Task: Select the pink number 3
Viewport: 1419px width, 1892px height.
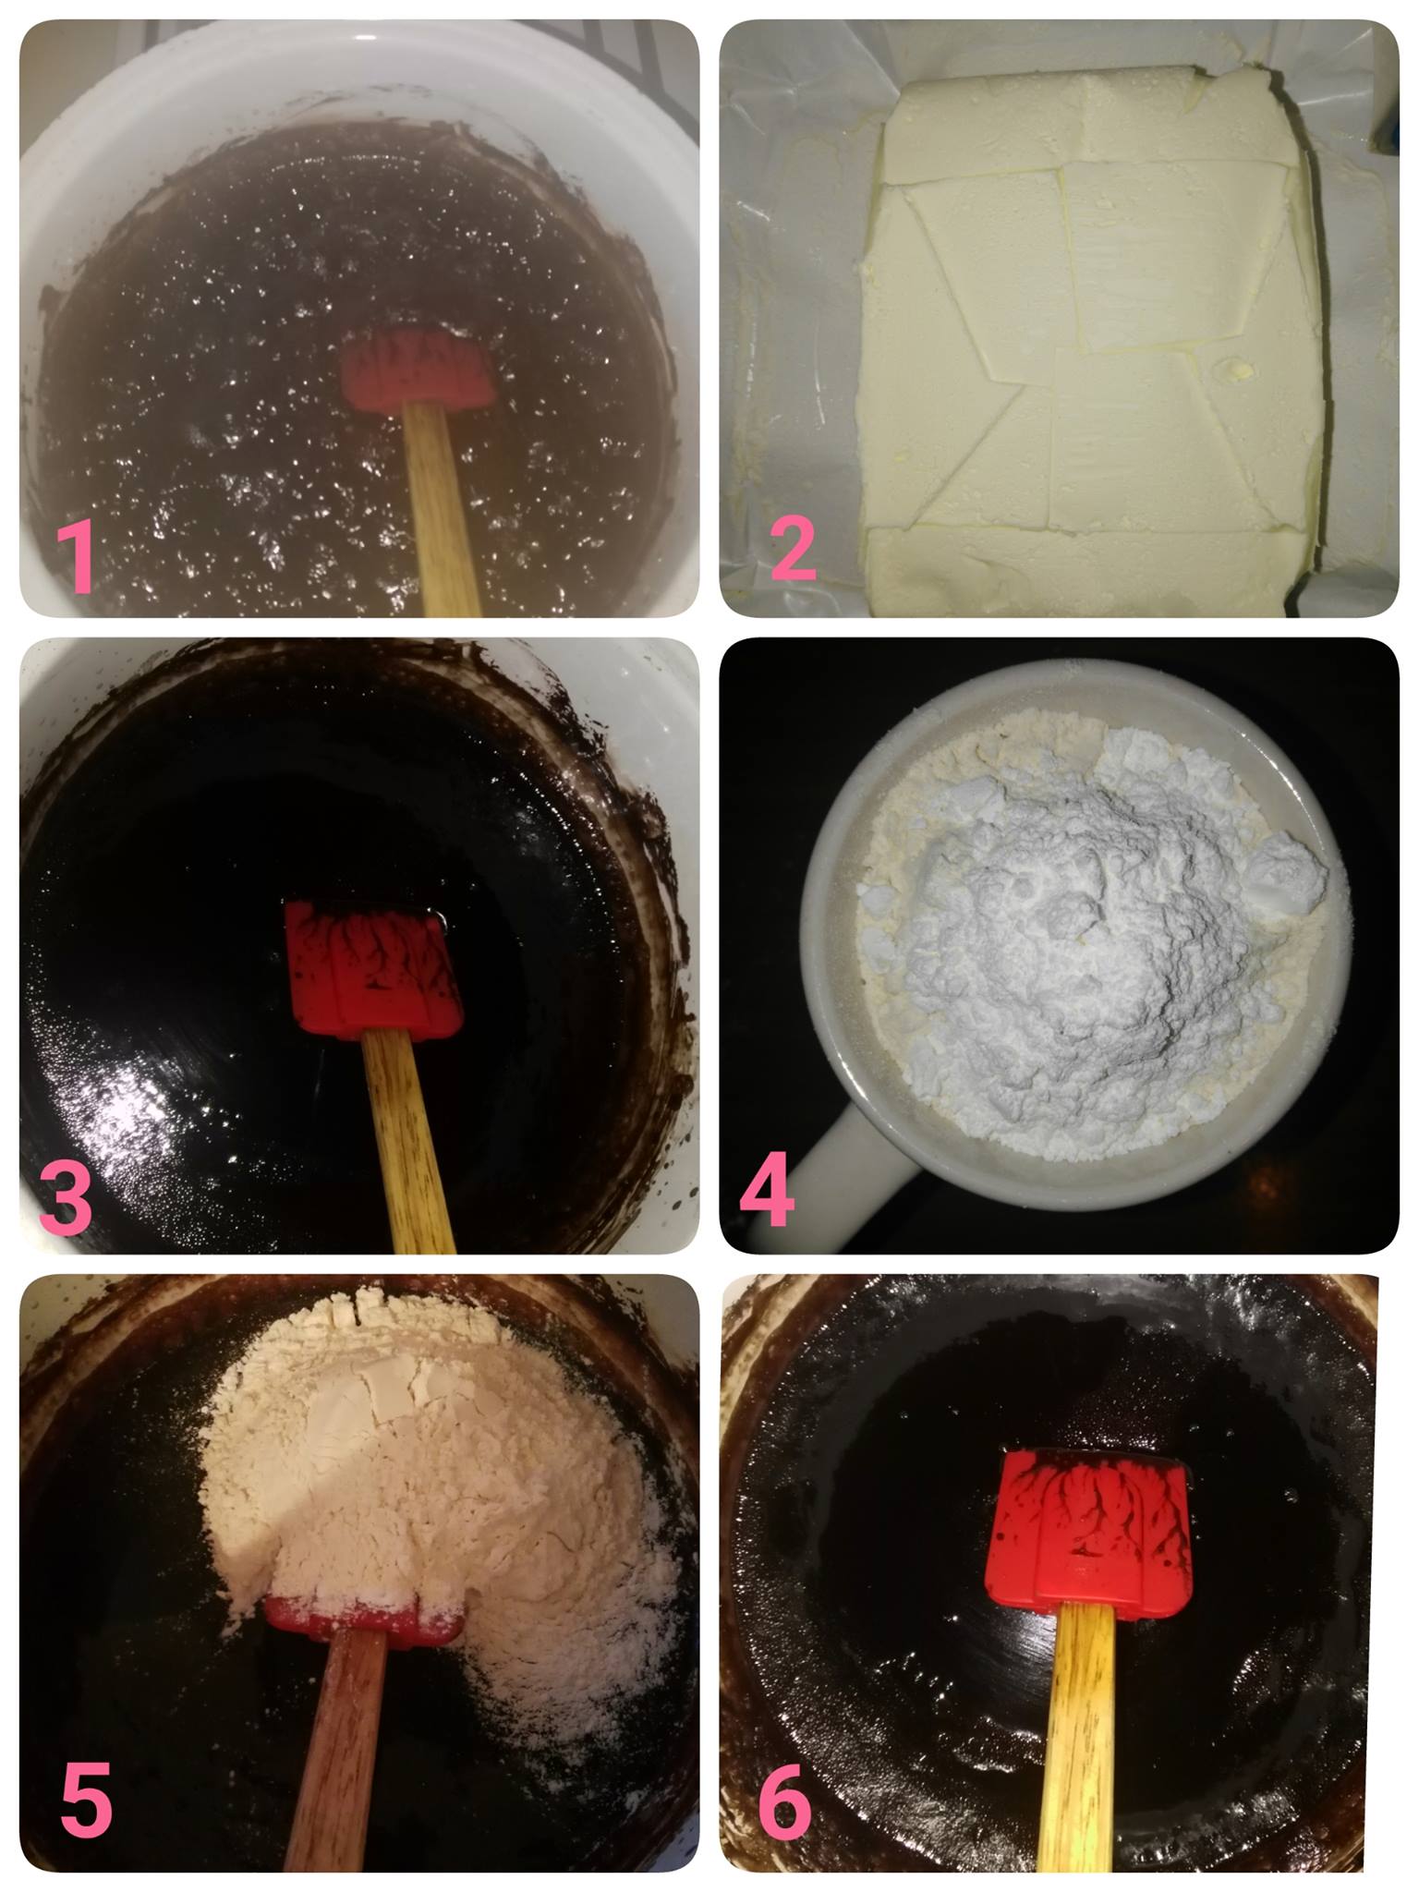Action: click(67, 1195)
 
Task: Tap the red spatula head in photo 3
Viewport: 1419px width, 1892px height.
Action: click(373, 970)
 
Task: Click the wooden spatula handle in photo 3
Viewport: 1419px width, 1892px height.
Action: click(408, 1144)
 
